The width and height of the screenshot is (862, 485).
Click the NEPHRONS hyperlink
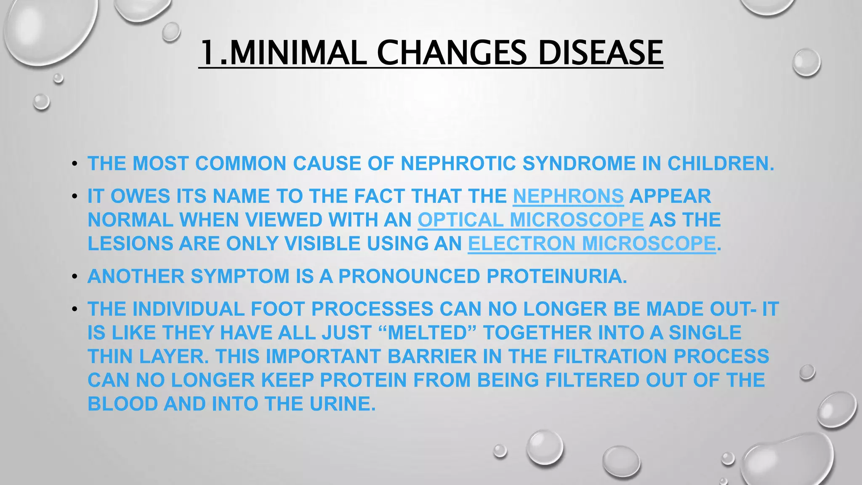pos(568,196)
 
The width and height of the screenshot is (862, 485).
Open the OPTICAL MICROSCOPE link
pos(530,220)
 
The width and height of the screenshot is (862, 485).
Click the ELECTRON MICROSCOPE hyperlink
pos(592,243)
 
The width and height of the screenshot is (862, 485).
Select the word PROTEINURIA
pos(556,276)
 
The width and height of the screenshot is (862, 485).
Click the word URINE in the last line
pos(342,404)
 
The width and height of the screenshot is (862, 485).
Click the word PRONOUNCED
pos(409,276)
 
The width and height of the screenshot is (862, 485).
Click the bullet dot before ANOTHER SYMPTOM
pos(74,277)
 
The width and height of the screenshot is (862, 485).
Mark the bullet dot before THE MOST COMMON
pos(74,164)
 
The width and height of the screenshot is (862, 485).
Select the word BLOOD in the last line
pos(122,404)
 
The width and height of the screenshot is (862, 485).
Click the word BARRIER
pos(432,356)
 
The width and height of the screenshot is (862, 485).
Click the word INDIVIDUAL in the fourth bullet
pos(189,309)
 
